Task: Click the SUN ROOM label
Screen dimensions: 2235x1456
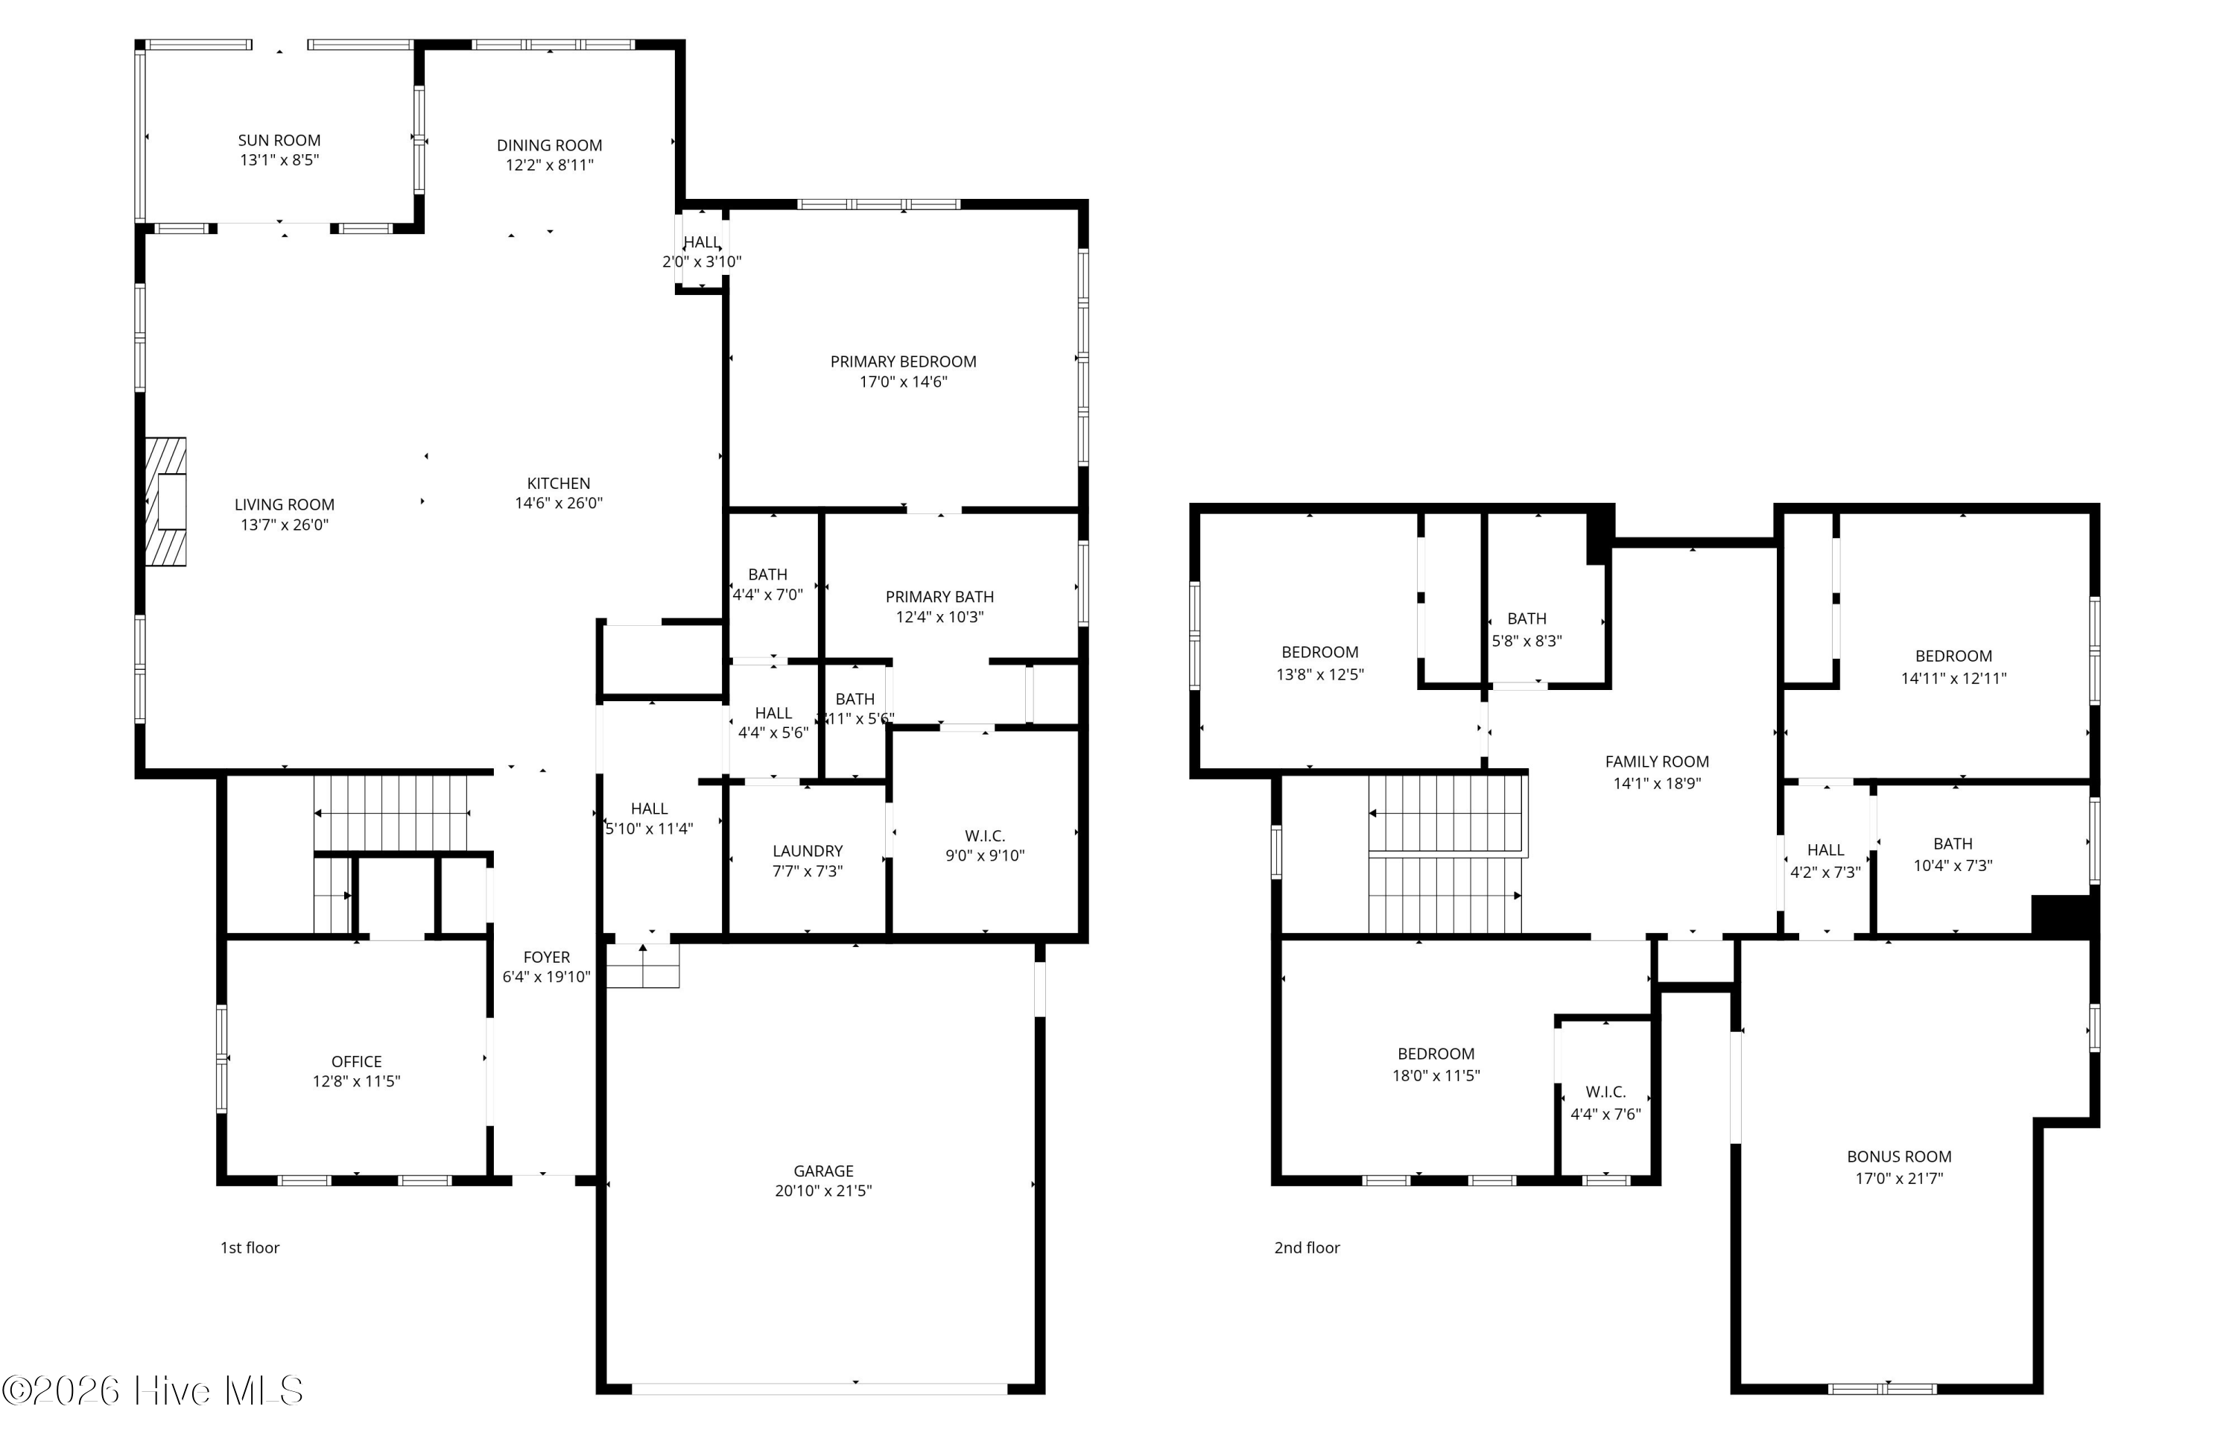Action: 279,140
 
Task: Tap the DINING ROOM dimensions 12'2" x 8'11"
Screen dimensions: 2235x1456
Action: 549,165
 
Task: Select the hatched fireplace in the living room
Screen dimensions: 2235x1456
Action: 165,501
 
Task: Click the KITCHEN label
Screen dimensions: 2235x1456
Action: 558,483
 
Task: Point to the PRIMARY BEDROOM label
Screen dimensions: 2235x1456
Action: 904,361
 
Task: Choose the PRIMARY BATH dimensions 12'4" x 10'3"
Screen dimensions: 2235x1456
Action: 940,617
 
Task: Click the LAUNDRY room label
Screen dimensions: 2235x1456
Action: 808,851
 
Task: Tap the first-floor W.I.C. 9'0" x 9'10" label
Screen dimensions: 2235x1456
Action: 984,846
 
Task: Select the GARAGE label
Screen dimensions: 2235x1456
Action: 823,1171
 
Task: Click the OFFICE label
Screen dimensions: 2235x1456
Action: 356,1062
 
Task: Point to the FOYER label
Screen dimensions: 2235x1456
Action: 547,958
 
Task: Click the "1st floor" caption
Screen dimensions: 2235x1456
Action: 250,1247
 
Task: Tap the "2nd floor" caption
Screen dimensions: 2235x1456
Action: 1307,1247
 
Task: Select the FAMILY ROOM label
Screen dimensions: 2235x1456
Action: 1657,762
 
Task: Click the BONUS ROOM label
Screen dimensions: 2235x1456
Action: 1899,1156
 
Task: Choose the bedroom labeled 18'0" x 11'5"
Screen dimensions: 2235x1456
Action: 1436,1064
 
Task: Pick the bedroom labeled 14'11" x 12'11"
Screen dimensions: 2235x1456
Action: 1953,667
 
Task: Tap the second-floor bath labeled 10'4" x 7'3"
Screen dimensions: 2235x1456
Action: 1953,855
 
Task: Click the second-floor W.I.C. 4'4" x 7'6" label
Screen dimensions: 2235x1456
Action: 1605,1103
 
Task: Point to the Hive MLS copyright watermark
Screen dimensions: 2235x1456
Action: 152,1390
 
